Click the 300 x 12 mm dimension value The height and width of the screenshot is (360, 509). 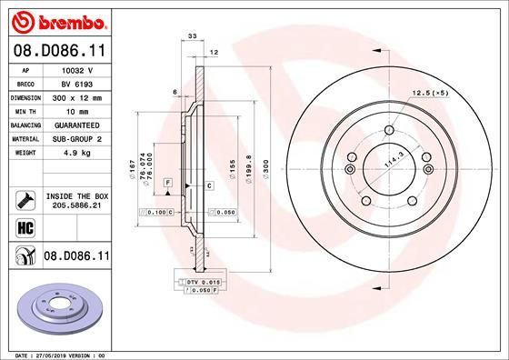(78, 95)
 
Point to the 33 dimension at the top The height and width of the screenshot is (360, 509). (191, 36)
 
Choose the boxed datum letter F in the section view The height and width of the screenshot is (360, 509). (168, 184)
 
